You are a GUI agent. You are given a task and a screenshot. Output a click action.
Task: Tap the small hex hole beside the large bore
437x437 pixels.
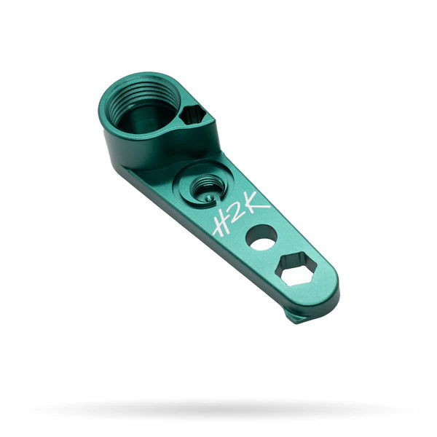194,115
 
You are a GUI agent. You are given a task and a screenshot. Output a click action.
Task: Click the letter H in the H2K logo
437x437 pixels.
221,222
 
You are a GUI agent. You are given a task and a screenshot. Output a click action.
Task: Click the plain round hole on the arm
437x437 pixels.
261,237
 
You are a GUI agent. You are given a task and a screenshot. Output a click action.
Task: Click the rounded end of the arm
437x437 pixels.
328,291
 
